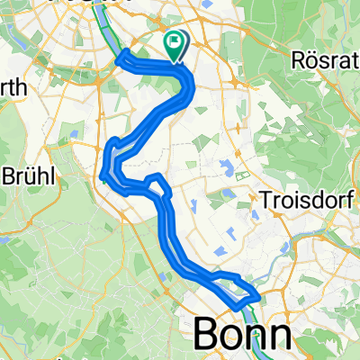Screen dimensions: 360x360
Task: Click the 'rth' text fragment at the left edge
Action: point(13,88)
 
